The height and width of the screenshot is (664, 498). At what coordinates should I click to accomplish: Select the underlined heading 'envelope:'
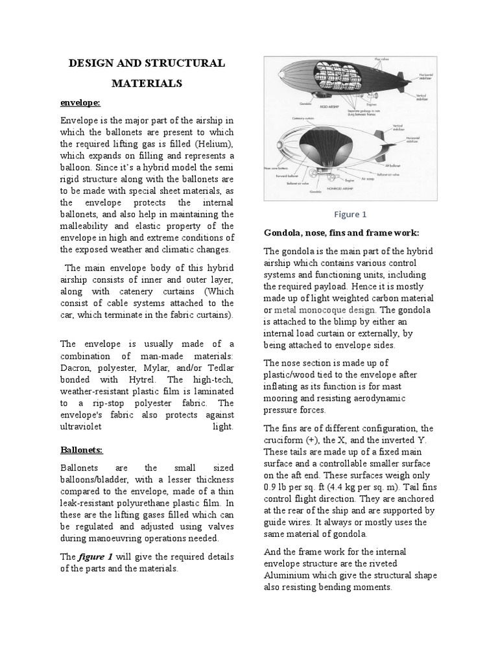click(81, 102)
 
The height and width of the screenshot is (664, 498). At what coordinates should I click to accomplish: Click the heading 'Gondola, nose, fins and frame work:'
click(342, 232)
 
